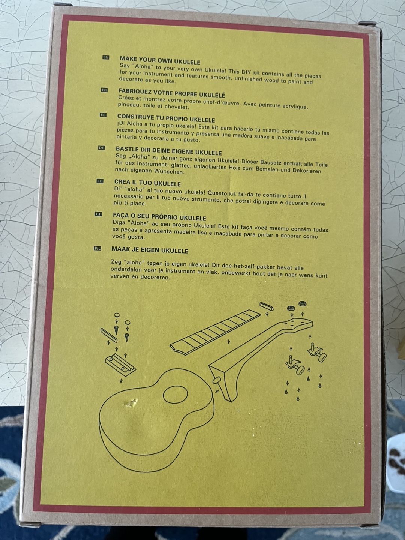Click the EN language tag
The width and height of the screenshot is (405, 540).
pos(106,58)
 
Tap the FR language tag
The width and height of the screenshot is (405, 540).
pos(105,90)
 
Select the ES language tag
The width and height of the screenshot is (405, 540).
pos(103,115)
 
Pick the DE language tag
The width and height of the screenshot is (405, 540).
pos(102,148)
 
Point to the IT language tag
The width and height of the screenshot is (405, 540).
pos(100,181)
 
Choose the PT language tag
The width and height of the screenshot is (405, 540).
pos(98,214)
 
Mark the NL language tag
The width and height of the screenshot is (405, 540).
pos(97,249)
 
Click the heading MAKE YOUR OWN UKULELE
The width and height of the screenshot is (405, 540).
pos(160,60)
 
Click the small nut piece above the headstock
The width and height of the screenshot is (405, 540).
pos(267,306)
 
